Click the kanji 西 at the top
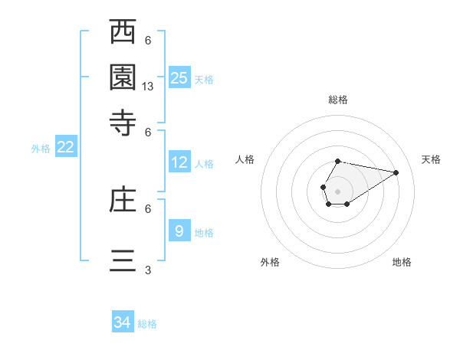(123, 34)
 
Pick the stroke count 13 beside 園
(148, 87)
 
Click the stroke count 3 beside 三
(148, 270)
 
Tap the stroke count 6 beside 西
(148, 41)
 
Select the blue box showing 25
(179, 77)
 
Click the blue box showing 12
(179, 162)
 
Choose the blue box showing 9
(179, 231)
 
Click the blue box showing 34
(123, 322)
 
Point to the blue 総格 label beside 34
(147, 324)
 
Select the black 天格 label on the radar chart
(431, 159)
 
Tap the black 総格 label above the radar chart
(338, 100)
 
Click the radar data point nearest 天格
(396, 172)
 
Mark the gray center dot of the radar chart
(338, 191)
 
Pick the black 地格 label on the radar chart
(402, 262)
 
